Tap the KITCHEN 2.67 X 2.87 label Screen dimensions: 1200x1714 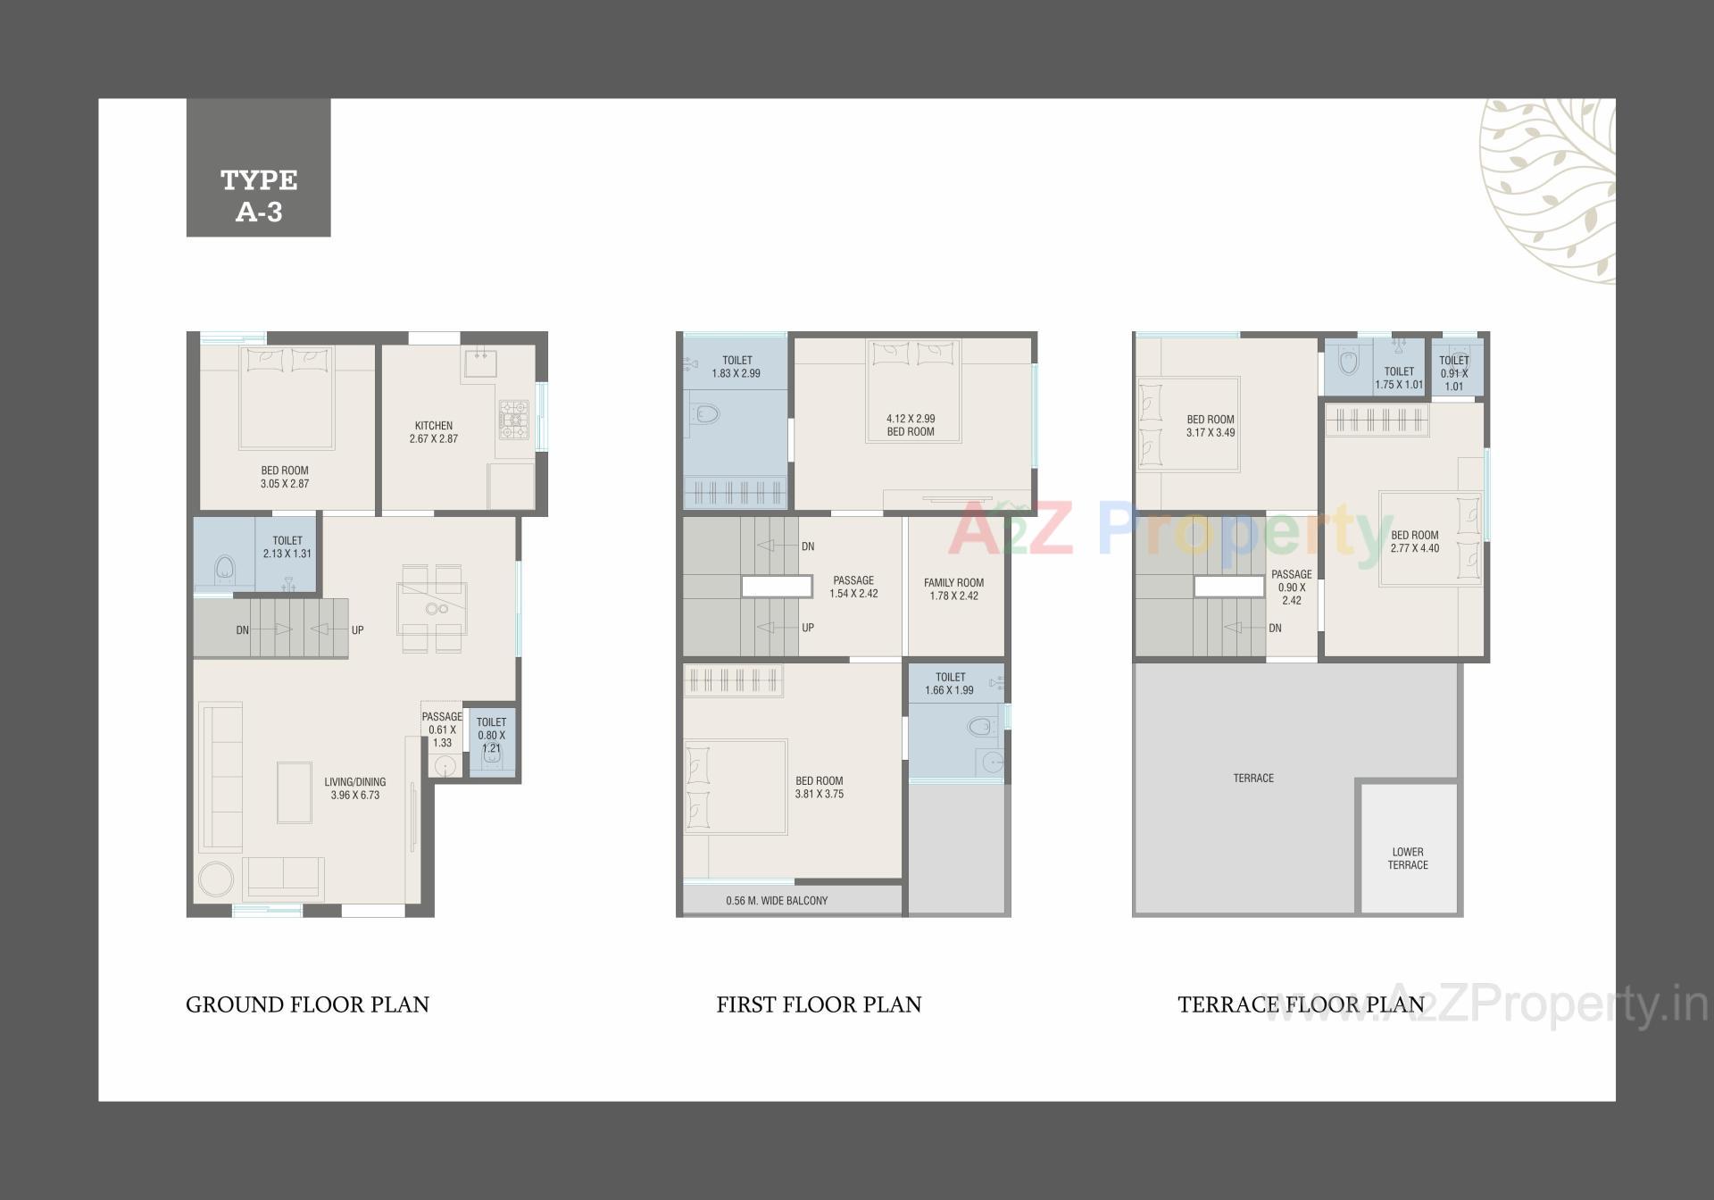click(x=433, y=432)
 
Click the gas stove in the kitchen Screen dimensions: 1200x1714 click(x=514, y=419)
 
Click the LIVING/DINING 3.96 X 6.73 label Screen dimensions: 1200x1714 click(x=354, y=788)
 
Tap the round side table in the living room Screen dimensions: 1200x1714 click(x=216, y=879)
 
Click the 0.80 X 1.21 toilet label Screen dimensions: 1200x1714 click(x=491, y=735)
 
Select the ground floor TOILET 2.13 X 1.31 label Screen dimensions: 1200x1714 click(x=287, y=547)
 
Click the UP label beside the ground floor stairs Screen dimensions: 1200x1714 click(x=357, y=630)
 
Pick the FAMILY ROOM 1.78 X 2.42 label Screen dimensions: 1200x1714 click(x=953, y=589)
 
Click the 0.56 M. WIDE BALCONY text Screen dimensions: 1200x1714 click(x=777, y=901)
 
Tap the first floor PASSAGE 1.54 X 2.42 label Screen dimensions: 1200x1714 click(x=853, y=587)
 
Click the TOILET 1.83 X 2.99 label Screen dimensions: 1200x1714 click(x=736, y=367)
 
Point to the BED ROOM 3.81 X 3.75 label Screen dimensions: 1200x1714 click(x=819, y=787)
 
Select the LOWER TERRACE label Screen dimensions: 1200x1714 click(x=1408, y=858)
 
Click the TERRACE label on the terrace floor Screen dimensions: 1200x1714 click(x=1253, y=779)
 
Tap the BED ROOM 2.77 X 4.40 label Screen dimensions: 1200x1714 click(x=1414, y=542)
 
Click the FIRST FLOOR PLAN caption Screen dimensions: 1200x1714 click(x=819, y=1004)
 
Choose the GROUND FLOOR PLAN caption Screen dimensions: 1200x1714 click(x=307, y=1004)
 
